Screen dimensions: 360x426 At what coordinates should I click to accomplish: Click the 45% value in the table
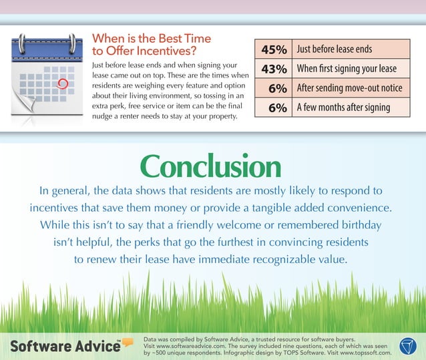274,49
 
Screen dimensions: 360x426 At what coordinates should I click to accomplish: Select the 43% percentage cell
274,69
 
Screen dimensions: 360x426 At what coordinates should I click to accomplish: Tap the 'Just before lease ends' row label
334,49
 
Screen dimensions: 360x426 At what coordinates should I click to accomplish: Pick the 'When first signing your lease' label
346,69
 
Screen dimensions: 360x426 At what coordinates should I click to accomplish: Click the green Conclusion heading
210,167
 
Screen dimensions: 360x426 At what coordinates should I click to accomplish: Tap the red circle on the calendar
63,84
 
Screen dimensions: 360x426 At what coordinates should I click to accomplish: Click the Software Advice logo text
63,348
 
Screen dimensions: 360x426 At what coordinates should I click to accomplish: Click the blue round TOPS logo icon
408,346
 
